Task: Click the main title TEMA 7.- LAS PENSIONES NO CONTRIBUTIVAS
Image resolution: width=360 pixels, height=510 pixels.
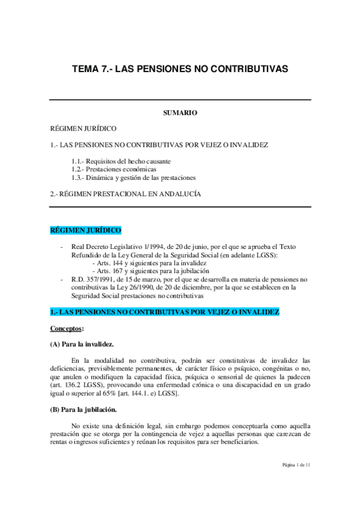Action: tap(180, 69)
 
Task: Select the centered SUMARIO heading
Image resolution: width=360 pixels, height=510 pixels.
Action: tap(180, 112)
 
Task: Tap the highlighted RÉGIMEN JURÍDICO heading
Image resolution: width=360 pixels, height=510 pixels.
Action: tap(85, 230)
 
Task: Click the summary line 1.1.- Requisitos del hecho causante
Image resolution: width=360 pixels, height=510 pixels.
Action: tap(120, 161)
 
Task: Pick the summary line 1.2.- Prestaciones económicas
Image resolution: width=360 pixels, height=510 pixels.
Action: tap(113, 169)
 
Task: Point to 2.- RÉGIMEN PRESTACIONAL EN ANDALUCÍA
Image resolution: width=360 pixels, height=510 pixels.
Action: tap(125, 194)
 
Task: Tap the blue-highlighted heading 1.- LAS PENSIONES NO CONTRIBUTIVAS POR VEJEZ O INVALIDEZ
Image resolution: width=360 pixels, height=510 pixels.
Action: tap(164, 312)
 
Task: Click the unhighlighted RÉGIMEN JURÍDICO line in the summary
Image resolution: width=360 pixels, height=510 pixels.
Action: tap(83, 129)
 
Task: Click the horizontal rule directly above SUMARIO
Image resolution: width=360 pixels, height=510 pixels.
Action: tap(180, 100)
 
